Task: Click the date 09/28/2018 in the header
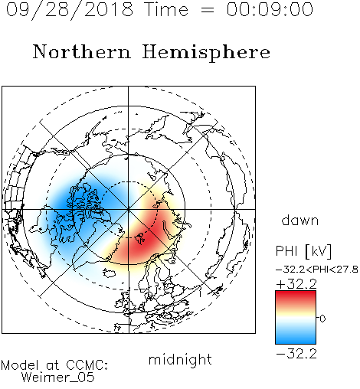pyautogui.click(x=70, y=9)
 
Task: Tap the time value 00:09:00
pyautogui.click(x=270, y=9)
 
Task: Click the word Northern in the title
pyautogui.click(x=82, y=51)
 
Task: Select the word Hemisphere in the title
pyautogui.click(x=206, y=53)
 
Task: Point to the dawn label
pyautogui.click(x=300, y=220)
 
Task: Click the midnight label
pyautogui.click(x=180, y=359)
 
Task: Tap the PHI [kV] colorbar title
pyautogui.click(x=303, y=251)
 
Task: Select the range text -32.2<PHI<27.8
pyautogui.click(x=317, y=270)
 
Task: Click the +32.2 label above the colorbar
pyautogui.click(x=296, y=284)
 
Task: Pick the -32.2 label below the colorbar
pyautogui.click(x=296, y=354)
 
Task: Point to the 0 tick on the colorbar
pyautogui.click(x=322, y=319)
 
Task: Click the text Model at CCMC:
pyautogui.click(x=54, y=365)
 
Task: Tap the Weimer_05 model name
pyautogui.click(x=58, y=378)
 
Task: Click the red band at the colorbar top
pyautogui.click(x=296, y=296)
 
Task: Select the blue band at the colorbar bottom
pyautogui.click(x=296, y=339)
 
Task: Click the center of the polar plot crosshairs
pyautogui.click(x=129, y=209)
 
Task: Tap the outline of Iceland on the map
pyautogui.click(x=109, y=273)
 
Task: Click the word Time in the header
pyautogui.click(x=166, y=9)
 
